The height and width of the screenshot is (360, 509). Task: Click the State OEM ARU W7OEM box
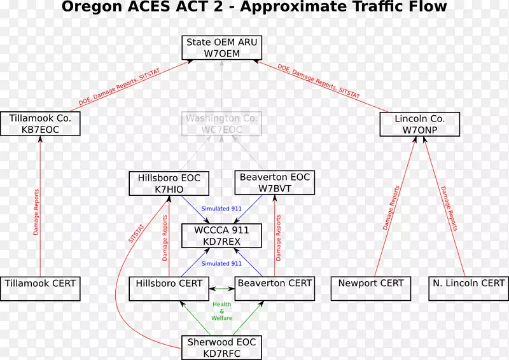coord(221,48)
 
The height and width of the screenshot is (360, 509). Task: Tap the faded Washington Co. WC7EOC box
coord(221,124)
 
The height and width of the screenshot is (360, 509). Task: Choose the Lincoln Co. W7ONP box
coord(419,124)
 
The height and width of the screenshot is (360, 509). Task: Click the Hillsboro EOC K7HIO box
coord(169,183)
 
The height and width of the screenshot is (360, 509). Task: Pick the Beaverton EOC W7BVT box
coord(275,183)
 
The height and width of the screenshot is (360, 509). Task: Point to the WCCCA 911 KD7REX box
coord(221,235)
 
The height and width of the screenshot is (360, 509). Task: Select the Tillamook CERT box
coord(40,288)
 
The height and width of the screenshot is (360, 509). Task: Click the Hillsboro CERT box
coord(169,288)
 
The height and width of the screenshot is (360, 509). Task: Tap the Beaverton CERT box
coord(275,288)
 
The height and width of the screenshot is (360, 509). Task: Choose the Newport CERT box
coord(371,288)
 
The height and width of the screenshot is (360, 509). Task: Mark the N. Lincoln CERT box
coord(468,288)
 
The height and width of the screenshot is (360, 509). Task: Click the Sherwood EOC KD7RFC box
coord(221,347)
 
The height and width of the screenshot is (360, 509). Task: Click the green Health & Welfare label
coord(221,311)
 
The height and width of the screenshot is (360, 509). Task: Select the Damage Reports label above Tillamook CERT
coord(36,211)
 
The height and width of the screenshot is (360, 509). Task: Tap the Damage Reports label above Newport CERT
coord(391,208)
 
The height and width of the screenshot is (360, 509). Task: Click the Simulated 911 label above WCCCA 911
coord(221,209)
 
